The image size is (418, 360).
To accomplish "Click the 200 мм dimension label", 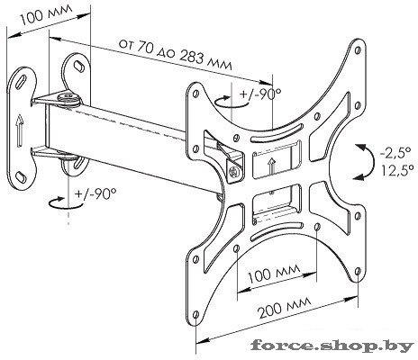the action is tap(285, 308).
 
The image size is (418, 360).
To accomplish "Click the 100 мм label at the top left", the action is tap(47, 14).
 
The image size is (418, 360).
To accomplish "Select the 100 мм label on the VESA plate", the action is tap(274, 273).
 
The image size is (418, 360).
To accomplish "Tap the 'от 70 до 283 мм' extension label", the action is tap(176, 54).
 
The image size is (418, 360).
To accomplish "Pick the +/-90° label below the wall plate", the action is tap(95, 193).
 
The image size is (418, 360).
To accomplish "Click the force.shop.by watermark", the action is tap(332, 346).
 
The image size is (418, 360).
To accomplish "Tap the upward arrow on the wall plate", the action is tap(19, 131).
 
